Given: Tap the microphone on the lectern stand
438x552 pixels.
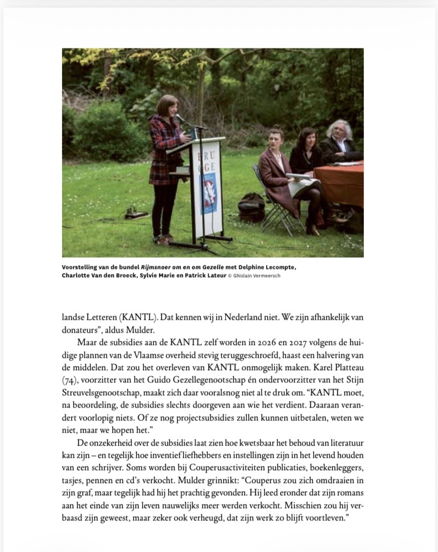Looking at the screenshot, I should pyautogui.click(x=182, y=119).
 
